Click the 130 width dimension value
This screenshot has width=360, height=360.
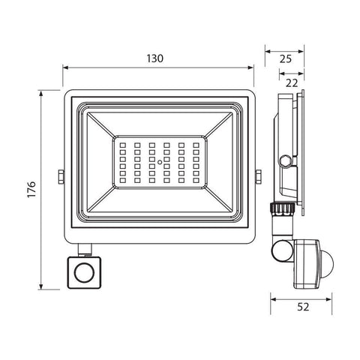click(x=157, y=58)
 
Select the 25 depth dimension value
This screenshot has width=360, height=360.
click(x=285, y=58)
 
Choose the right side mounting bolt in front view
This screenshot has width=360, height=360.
click(x=258, y=175)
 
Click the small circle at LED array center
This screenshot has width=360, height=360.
click(x=159, y=160)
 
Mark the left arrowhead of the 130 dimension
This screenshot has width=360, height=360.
click(x=65, y=67)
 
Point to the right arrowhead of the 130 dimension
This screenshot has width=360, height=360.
click(x=252, y=67)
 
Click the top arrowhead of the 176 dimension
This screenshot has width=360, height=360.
click(x=42, y=94)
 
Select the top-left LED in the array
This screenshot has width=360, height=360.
click(x=124, y=144)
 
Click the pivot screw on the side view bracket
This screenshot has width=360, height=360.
click(x=286, y=159)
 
